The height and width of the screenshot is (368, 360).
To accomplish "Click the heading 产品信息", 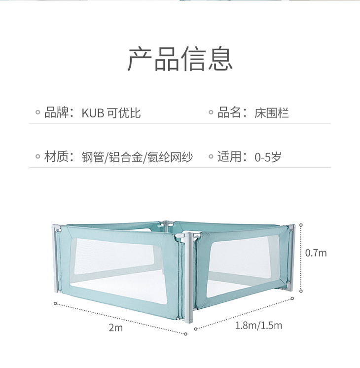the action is (180, 59).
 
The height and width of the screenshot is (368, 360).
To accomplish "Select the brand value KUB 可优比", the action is (111, 113).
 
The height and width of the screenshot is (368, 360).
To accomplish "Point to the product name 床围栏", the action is (271, 113).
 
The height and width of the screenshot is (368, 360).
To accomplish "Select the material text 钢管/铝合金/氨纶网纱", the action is (137, 157).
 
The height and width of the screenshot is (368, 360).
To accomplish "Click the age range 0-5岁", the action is (268, 157).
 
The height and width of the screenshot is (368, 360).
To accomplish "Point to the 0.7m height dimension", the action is (316, 253).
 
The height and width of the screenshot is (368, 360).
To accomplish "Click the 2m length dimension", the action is (115, 328).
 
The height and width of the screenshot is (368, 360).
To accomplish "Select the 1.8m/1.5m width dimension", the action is (258, 326).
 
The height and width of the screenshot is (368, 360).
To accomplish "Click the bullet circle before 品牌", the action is (37, 113).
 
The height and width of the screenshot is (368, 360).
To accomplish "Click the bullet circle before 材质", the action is (37, 158).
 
